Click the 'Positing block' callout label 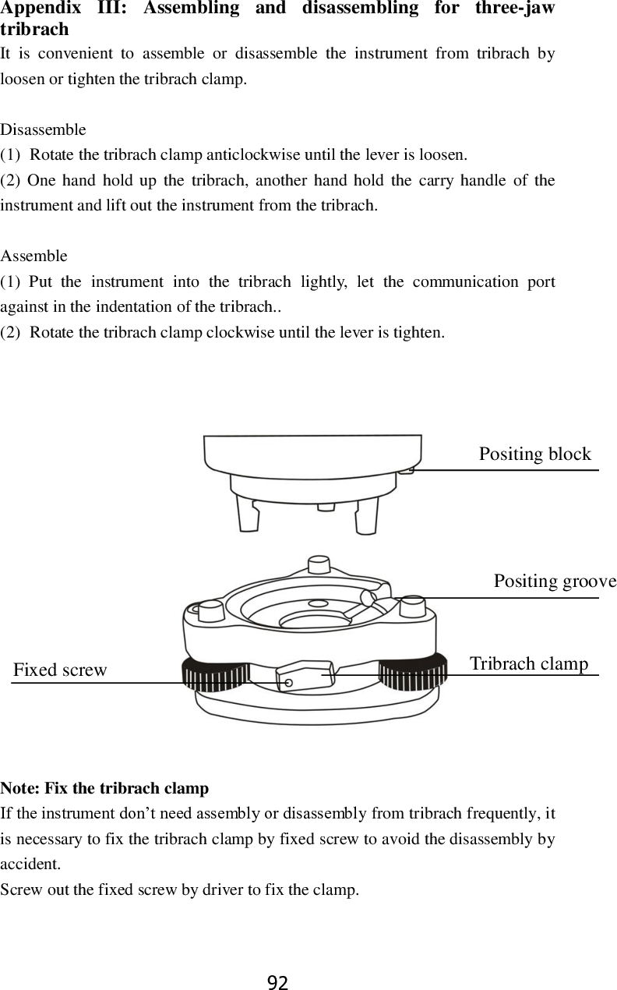coord(534,454)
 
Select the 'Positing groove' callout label coord(555,582)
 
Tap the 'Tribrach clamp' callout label coord(529,663)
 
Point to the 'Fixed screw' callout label coord(60,670)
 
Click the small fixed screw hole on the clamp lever coord(289,683)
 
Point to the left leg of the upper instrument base coord(249,514)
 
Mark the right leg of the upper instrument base coord(366,515)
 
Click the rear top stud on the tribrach coord(318,563)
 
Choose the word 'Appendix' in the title coord(40,9)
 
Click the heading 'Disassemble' coord(44,129)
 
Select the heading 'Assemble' coord(34,256)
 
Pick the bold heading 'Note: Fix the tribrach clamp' coord(104,788)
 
